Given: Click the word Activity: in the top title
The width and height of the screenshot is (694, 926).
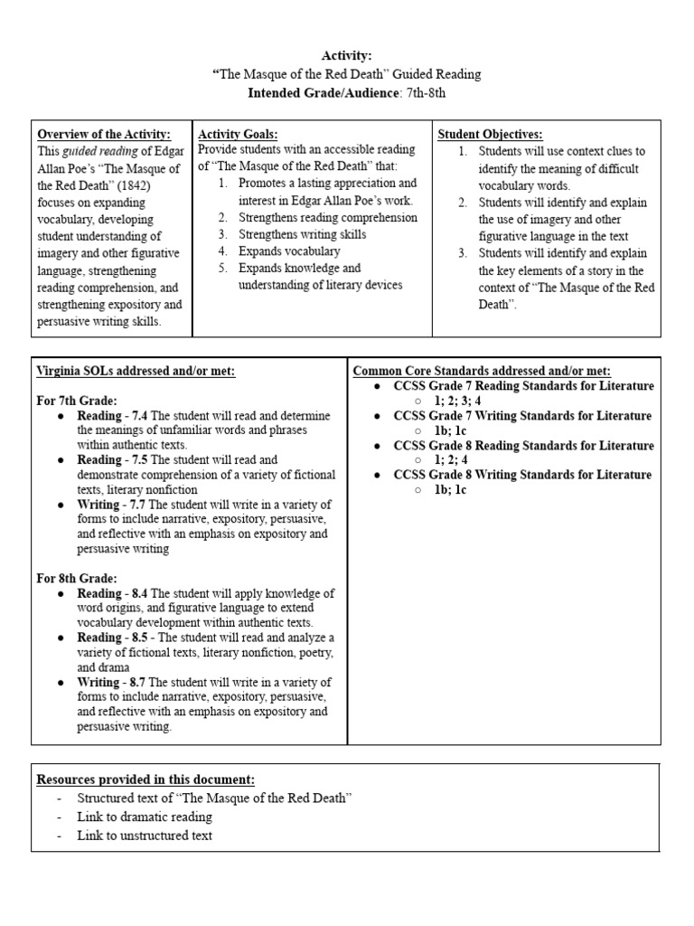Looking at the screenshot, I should coord(346,56).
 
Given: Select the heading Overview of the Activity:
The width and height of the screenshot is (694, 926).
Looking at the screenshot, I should coord(103,134).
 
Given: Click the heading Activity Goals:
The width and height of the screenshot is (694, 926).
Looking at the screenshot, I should coord(238,134).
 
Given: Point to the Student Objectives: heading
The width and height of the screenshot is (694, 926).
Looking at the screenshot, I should coord(490,134).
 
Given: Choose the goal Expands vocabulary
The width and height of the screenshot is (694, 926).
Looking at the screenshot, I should coord(289,251).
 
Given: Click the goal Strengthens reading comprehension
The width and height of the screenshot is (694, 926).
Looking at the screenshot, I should coord(328,218).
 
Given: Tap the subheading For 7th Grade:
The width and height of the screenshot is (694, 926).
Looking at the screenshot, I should coord(77,400).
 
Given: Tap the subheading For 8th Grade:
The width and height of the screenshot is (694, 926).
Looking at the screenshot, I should coord(77,578).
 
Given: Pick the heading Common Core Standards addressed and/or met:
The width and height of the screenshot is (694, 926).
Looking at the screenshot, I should coord(481,371).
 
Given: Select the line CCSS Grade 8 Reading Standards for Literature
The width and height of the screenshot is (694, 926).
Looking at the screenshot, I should coord(523,446).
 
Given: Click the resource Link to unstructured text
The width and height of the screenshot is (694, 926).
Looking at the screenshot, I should coord(145,836).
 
